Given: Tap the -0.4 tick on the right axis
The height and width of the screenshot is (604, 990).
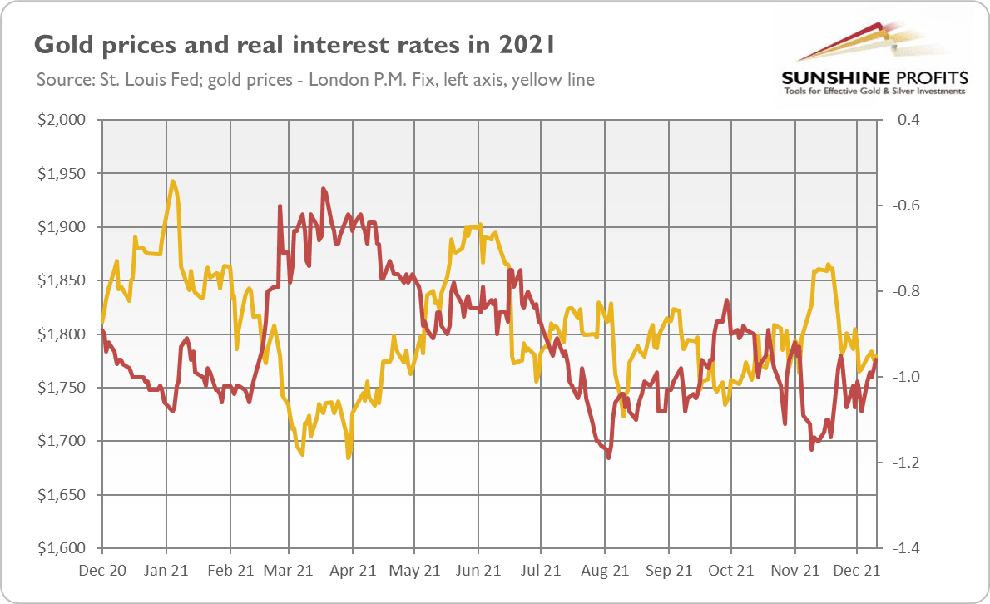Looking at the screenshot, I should pyautogui.click(x=903, y=120).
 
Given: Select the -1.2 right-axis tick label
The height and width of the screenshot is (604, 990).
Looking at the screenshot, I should pyautogui.click(x=903, y=463).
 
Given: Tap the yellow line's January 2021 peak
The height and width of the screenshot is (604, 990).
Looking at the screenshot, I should pyautogui.click(x=172, y=181).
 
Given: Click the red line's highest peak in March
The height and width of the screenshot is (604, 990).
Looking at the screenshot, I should pyautogui.click(x=323, y=190).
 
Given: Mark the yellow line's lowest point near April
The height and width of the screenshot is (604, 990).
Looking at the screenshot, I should pyautogui.click(x=349, y=456).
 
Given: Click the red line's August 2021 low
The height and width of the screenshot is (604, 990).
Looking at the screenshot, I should pyautogui.click(x=610, y=457).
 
